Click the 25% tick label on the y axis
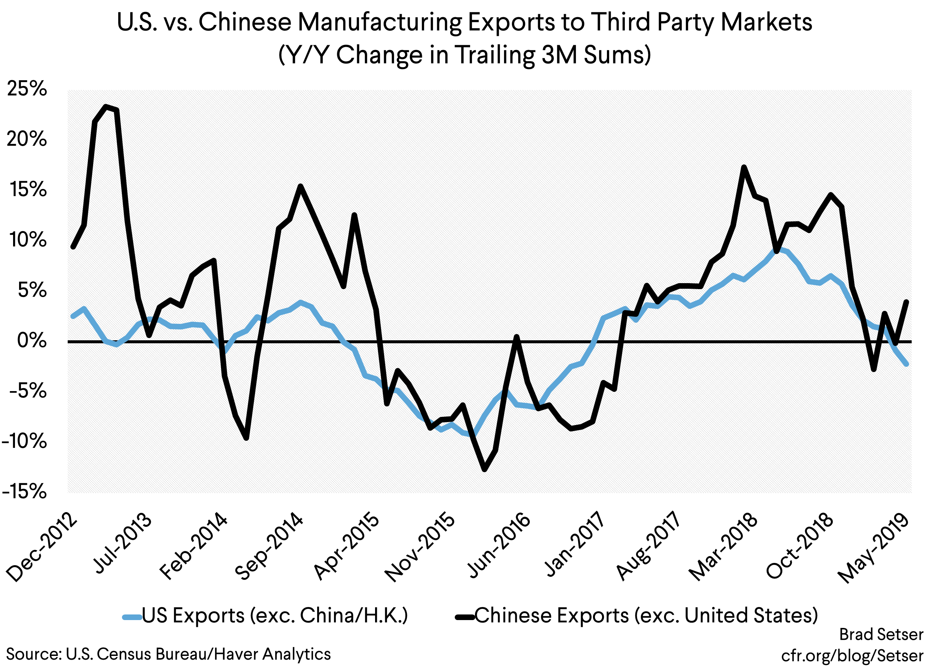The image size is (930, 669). click(27, 89)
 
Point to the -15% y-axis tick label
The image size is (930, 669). click(25, 492)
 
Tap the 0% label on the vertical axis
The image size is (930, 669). click(32, 340)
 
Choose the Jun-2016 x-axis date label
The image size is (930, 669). click(499, 545)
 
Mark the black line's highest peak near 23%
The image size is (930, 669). click(106, 106)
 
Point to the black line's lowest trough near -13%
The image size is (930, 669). click(485, 470)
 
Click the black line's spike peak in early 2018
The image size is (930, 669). click(744, 167)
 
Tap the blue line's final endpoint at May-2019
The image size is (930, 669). click(906, 364)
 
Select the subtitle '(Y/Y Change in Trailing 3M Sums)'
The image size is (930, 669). click(464, 55)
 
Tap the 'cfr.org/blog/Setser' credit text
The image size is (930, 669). click(852, 656)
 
